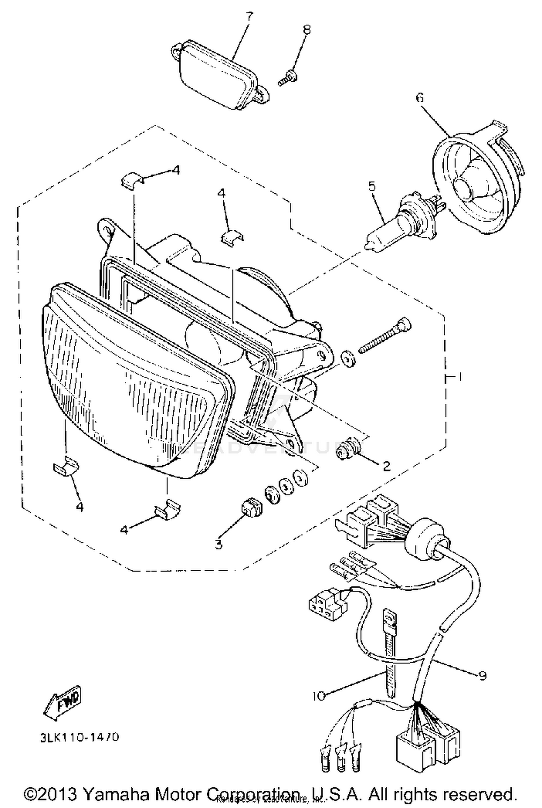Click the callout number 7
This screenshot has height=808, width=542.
249,17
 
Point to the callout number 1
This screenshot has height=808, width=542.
460,377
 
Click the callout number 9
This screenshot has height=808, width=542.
482,675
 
